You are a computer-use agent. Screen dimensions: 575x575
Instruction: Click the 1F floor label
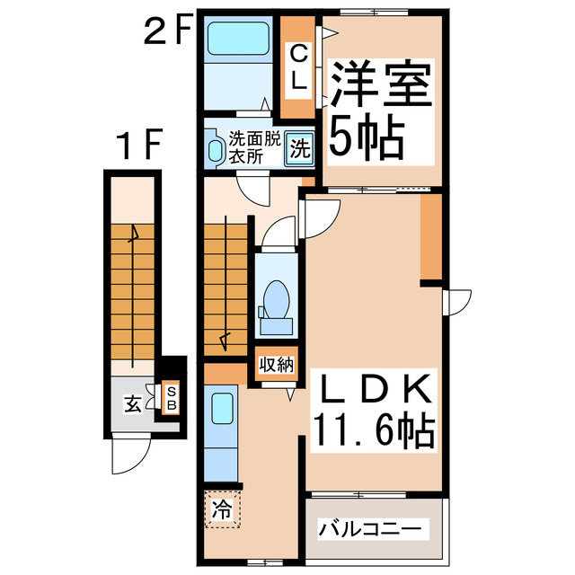137,143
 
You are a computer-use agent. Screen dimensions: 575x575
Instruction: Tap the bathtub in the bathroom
234,40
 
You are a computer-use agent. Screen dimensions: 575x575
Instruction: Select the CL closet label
299,66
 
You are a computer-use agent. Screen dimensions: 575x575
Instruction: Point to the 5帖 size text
364,137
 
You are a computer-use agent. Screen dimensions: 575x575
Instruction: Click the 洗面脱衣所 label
253,147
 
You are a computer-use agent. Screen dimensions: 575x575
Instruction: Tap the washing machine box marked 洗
299,149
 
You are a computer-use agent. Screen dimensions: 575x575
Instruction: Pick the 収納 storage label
276,364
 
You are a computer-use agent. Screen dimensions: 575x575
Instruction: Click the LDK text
374,392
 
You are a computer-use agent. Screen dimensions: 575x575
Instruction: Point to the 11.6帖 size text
374,430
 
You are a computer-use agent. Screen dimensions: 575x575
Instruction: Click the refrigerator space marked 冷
221,510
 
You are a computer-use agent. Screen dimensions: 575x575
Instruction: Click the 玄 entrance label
132,405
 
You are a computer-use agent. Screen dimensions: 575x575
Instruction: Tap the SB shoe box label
170,400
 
